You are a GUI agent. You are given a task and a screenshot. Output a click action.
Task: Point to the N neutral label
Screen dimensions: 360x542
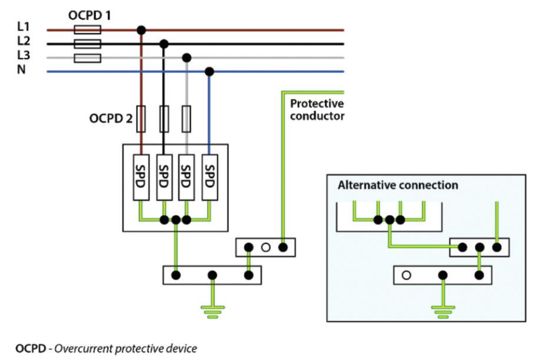22,71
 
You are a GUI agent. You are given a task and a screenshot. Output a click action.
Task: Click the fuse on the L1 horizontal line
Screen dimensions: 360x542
88,29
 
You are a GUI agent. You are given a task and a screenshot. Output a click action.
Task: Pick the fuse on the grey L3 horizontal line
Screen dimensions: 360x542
88,58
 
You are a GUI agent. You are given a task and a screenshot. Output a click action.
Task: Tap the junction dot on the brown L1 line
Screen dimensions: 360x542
141,29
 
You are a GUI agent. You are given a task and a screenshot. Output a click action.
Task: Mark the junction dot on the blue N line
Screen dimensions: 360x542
209,72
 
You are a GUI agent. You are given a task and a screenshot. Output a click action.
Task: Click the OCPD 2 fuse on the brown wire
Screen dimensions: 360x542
141,119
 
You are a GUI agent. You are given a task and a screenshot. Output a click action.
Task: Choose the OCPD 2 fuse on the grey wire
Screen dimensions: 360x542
187,119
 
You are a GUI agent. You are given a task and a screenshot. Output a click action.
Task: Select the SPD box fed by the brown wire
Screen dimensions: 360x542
141,172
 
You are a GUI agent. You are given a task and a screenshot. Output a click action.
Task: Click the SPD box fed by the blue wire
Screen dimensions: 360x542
209,172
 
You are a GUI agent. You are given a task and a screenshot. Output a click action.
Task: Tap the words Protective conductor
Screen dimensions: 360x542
317,110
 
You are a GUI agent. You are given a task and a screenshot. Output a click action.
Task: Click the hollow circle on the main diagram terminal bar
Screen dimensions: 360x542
265,248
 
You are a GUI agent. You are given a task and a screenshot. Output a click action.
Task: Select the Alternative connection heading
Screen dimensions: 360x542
397,185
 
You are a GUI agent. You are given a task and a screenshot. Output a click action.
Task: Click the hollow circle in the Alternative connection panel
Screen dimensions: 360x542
406,275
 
